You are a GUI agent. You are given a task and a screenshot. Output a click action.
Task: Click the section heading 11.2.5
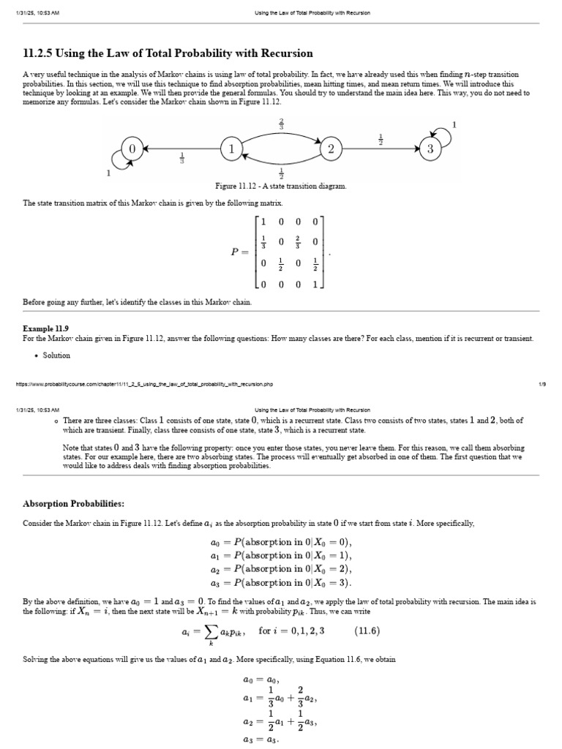coord(168,53)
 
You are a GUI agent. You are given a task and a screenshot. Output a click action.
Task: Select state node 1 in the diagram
coord(231,148)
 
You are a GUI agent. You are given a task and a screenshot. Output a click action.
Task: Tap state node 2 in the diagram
coord(331,148)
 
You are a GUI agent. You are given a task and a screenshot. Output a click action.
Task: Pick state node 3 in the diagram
coord(430,148)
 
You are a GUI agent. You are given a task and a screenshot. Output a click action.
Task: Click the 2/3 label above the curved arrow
coord(281,124)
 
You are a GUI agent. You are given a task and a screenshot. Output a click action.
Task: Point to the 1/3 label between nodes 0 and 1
coord(181,158)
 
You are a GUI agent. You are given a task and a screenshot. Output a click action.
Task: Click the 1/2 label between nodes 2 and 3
coord(381,138)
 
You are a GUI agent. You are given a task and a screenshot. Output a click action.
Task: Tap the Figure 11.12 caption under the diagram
coord(281,186)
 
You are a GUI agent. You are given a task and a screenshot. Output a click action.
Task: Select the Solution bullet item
coord(56,355)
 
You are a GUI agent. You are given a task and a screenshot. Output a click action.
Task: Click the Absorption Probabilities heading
coord(74,504)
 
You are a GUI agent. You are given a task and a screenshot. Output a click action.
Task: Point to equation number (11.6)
coord(367,631)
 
